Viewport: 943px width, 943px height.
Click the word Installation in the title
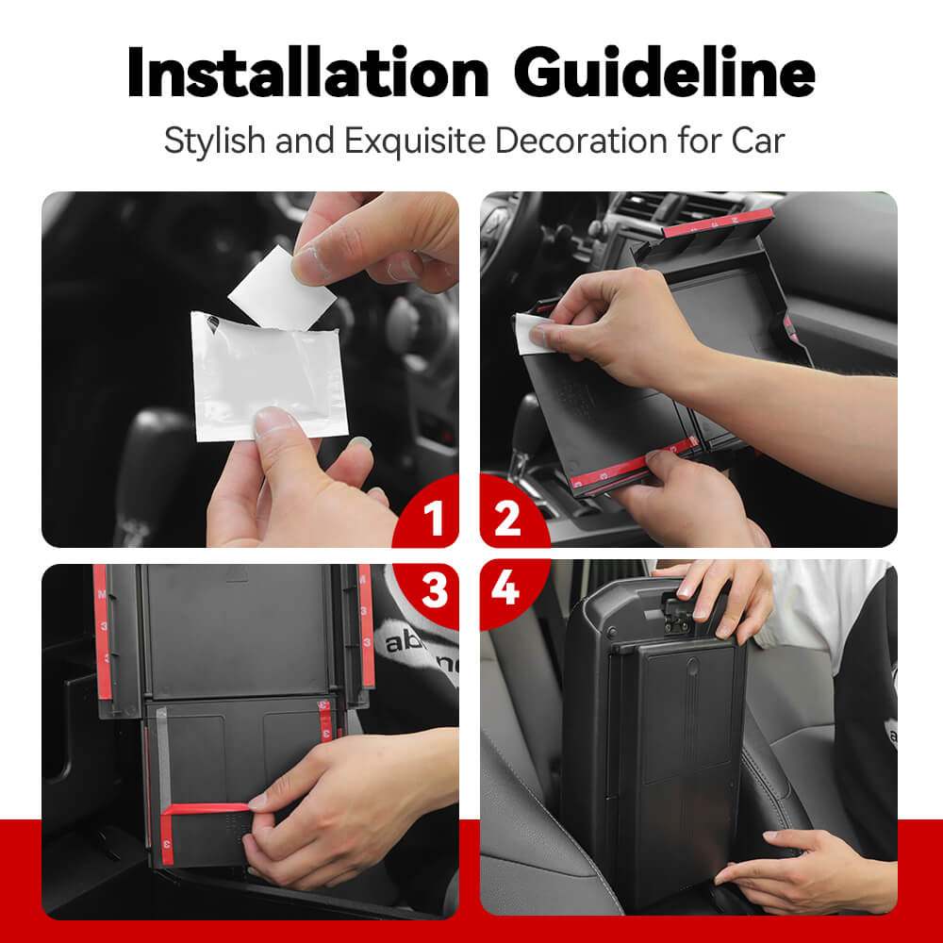coord(307,73)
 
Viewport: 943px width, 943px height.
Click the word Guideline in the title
coord(665,73)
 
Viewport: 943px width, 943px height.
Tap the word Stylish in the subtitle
coord(215,141)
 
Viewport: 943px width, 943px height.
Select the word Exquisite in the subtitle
coord(415,141)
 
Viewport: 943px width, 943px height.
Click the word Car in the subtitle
coord(758,141)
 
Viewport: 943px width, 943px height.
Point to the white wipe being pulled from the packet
coord(281,289)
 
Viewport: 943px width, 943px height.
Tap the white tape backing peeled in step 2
coord(528,335)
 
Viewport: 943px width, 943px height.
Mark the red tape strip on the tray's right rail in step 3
coord(366,625)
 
